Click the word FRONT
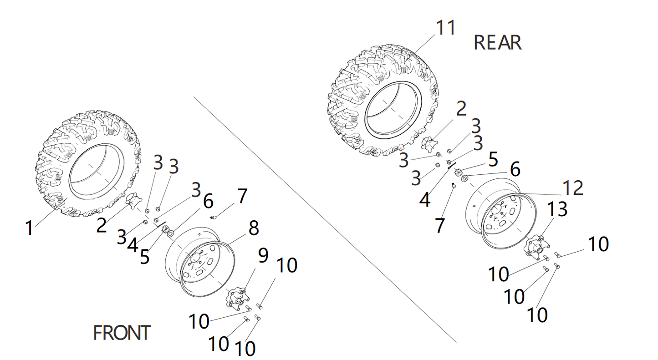(122, 333)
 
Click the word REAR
(497, 43)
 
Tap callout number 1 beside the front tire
(30, 228)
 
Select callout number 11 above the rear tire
(445, 28)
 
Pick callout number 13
(556, 209)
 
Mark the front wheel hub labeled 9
(236, 298)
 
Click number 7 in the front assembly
(242, 197)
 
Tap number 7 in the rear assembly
(439, 225)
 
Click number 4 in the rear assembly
(424, 200)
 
